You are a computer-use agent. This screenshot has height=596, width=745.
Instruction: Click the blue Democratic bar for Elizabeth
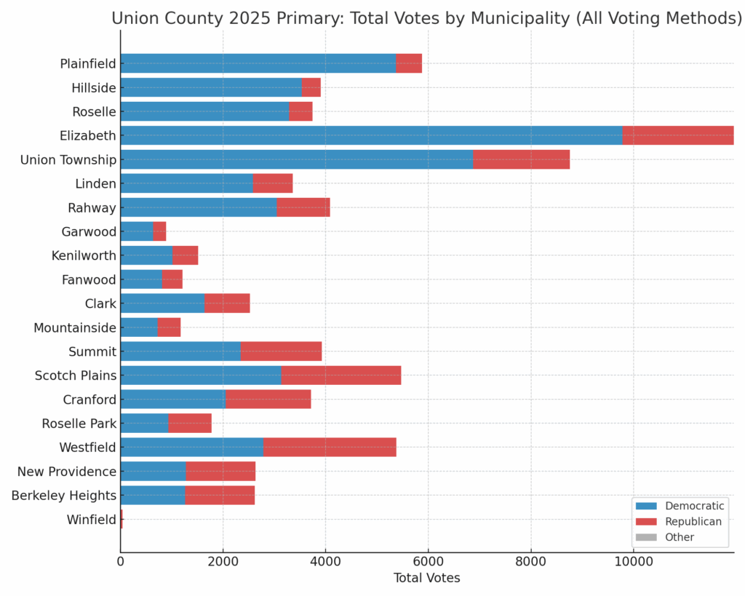tap(371, 135)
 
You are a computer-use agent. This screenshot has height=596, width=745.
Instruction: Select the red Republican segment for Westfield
tap(330, 447)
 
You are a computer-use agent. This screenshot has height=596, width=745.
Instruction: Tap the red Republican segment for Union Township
tap(521, 159)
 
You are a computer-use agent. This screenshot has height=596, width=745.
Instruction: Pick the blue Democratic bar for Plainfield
tap(258, 63)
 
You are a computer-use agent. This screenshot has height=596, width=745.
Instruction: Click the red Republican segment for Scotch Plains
tap(340, 376)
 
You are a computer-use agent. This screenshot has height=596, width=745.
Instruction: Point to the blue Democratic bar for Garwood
tap(136, 231)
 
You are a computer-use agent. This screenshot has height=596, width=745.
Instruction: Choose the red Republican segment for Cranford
tap(268, 400)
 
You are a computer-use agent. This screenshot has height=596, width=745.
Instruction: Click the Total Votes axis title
tap(426, 579)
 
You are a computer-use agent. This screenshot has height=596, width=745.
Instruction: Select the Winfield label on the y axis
tap(92, 520)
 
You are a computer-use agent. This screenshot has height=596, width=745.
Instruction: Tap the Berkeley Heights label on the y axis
tap(64, 496)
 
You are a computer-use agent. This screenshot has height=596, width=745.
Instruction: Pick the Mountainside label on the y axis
tap(75, 327)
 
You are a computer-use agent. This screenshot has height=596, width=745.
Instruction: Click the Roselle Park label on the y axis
tap(79, 424)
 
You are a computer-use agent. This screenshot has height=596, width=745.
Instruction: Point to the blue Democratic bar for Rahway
tap(198, 207)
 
